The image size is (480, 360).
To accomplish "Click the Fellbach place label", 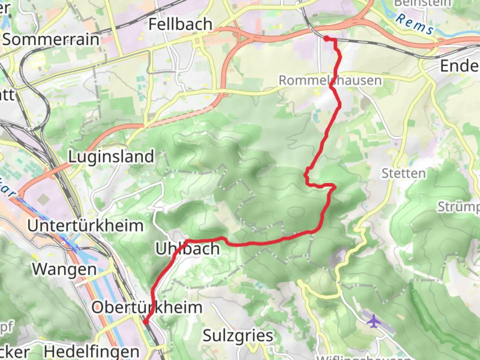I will (180, 24).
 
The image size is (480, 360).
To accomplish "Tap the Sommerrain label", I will (51, 40).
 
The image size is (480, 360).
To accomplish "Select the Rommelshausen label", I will (330, 80).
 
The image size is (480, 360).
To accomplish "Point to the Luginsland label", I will (111, 157).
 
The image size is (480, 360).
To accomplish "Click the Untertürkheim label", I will (85, 226).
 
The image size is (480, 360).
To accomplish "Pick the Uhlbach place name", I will (188, 249).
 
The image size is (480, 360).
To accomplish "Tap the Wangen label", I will (64, 269).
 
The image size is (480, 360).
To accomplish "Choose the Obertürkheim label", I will (147, 307).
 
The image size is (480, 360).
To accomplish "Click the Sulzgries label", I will (238, 336).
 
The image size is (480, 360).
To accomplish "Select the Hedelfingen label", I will (92, 352).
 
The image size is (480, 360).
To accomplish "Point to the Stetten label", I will (403, 174).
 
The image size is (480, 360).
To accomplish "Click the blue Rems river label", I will (415, 24).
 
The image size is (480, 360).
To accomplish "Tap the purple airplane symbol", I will (374, 321).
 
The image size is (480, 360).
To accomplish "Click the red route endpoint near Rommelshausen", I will (327, 39).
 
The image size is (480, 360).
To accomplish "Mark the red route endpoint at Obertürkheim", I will (146, 322).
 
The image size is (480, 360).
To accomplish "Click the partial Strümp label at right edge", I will (458, 207).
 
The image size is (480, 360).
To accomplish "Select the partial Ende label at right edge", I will (459, 66).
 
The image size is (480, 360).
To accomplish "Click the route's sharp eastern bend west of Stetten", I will (334, 187).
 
